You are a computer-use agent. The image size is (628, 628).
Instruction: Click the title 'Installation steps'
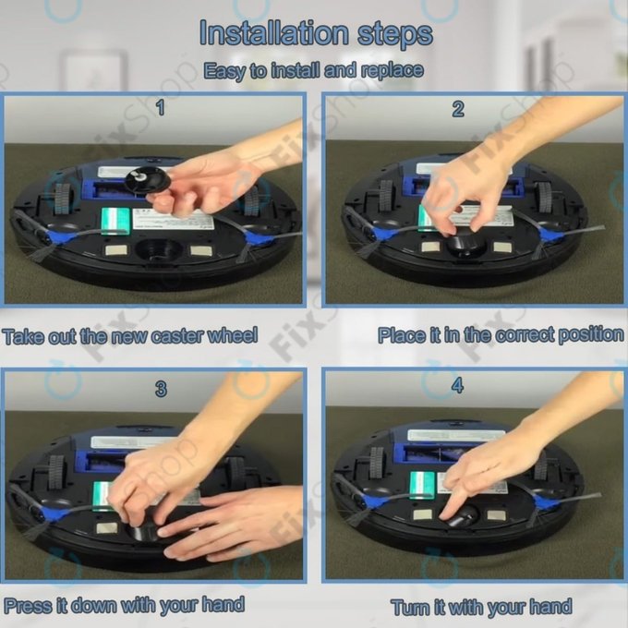[315, 34]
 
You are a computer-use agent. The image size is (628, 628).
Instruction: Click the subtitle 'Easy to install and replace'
[314, 70]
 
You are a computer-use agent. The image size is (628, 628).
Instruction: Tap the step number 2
[458, 109]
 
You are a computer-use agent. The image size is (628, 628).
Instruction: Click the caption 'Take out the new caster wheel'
[129, 336]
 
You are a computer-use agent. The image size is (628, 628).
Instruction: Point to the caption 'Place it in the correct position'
[500, 334]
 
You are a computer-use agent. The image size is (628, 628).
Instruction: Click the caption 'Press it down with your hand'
[124, 605]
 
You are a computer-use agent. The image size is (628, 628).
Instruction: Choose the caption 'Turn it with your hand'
[481, 607]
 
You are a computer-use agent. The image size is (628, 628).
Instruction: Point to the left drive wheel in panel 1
[64, 197]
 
